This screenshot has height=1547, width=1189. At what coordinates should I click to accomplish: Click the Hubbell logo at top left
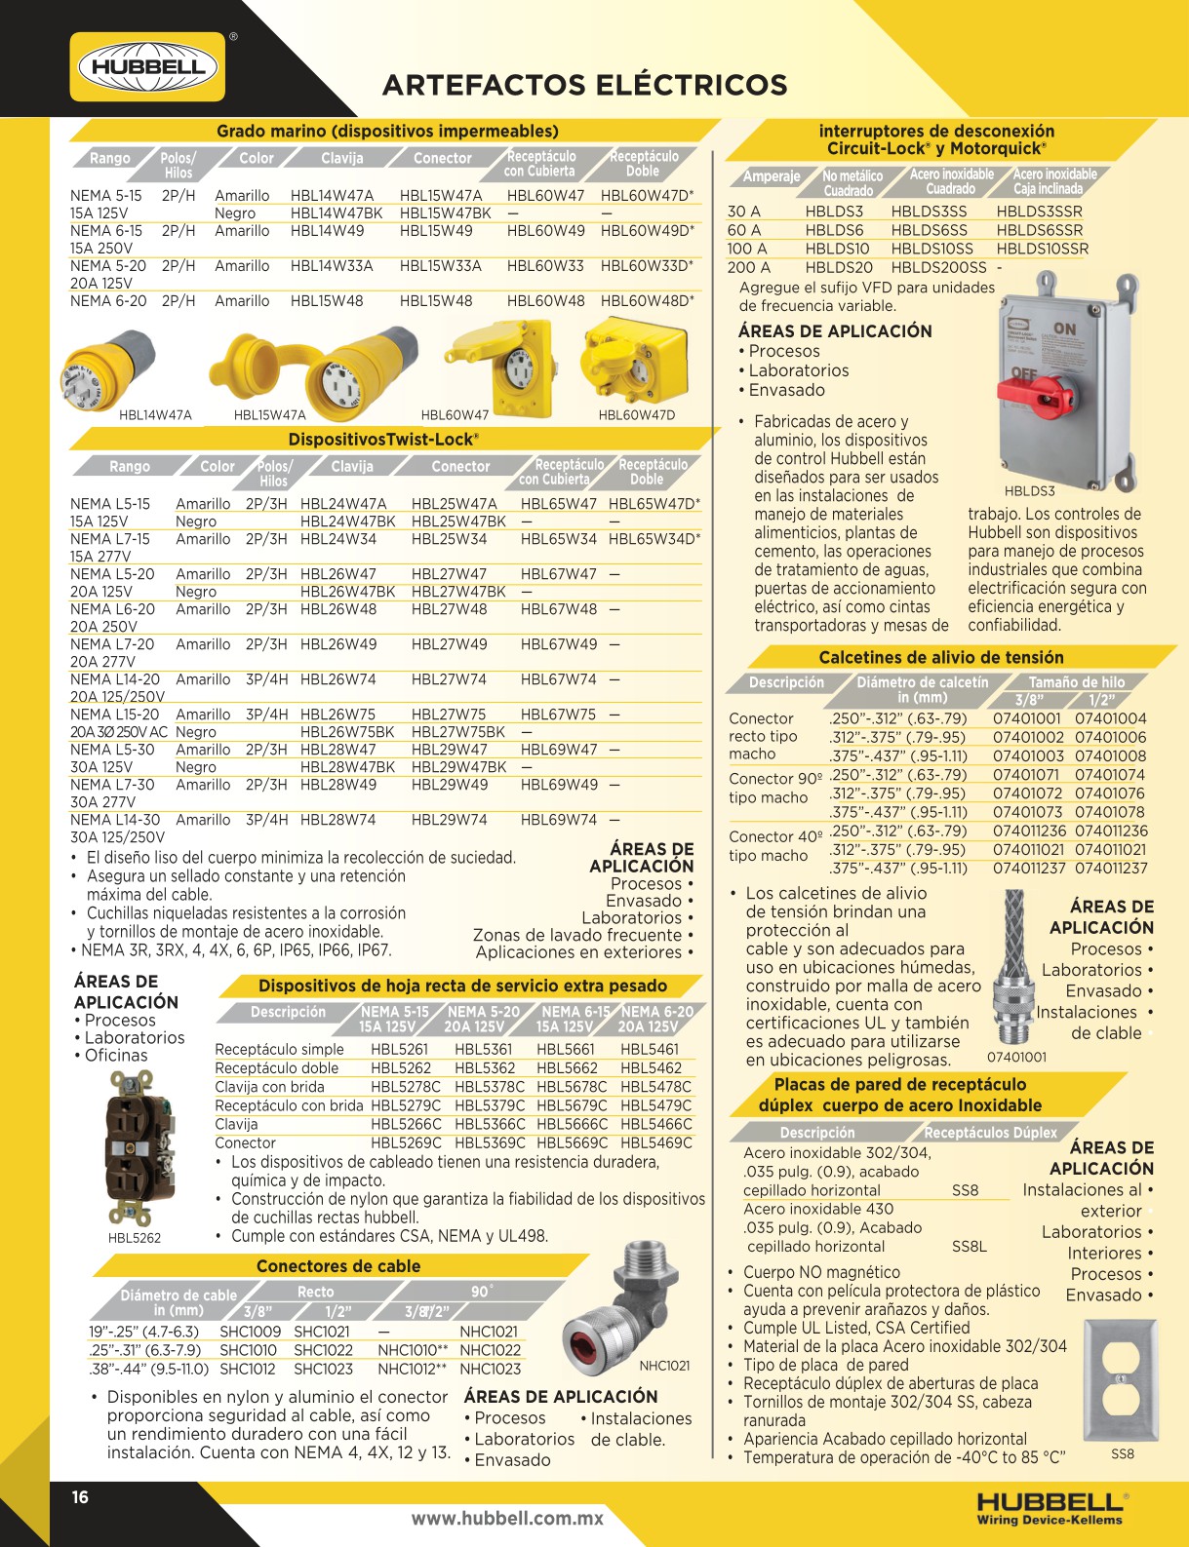[x=147, y=67]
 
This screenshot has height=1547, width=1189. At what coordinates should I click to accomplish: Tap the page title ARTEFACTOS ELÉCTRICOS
[x=584, y=86]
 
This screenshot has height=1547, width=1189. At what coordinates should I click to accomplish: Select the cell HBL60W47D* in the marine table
[x=647, y=195]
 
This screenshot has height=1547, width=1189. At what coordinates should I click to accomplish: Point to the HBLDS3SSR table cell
[x=1039, y=211]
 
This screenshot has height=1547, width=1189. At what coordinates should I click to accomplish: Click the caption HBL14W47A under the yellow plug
[x=155, y=415]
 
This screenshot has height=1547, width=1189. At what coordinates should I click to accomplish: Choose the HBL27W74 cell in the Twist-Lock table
[x=449, y=679]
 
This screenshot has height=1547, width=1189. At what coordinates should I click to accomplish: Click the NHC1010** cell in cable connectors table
[x=413, y=1350]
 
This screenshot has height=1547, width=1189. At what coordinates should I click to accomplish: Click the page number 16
[x=80, y=1497]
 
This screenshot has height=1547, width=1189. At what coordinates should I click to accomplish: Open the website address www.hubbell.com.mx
[x=507, y=1518]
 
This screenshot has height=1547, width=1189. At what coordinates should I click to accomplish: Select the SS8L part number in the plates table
[x=969, y=1246]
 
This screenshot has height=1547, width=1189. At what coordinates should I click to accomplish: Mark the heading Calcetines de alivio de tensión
[x=940, y=658]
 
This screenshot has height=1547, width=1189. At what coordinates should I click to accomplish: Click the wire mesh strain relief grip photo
[x=1013, y=965]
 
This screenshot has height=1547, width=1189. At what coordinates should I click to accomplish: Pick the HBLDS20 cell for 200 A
[x=839, y=267]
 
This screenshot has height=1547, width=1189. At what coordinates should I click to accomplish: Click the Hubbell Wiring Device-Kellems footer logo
[x=1050, y=1507]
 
